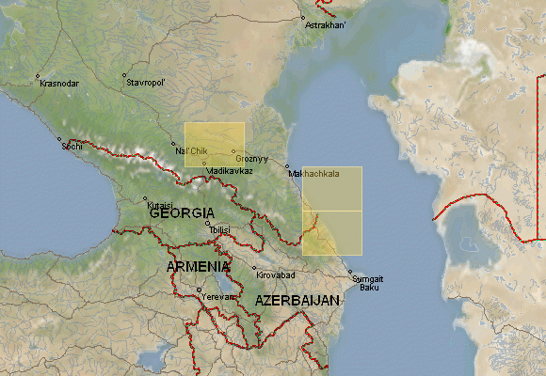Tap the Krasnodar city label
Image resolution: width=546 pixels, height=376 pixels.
tap(59, 84)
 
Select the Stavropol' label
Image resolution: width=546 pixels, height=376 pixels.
tap(146, 83)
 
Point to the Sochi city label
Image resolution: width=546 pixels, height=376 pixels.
tap(72, 146)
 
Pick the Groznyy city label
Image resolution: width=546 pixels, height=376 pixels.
tap(252, 159)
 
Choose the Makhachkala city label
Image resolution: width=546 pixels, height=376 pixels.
tap(314, 174)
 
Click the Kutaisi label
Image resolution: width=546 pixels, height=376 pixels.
tap(158, 204)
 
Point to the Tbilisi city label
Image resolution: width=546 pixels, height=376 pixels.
tap(219, 229)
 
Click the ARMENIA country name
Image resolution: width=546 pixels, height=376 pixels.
tap(199, 267)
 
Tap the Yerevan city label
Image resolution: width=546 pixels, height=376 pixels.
tap(217, 296)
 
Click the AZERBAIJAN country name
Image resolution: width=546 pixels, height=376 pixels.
tap(297, 300)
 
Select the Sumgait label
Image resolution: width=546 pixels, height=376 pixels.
tap(367, 278)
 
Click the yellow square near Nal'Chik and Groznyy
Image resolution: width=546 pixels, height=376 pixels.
tap(215, 144)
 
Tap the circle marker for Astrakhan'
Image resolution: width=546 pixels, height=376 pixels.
tap(303, 17)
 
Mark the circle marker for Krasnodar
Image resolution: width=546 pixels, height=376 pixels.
tap(39, 75)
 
